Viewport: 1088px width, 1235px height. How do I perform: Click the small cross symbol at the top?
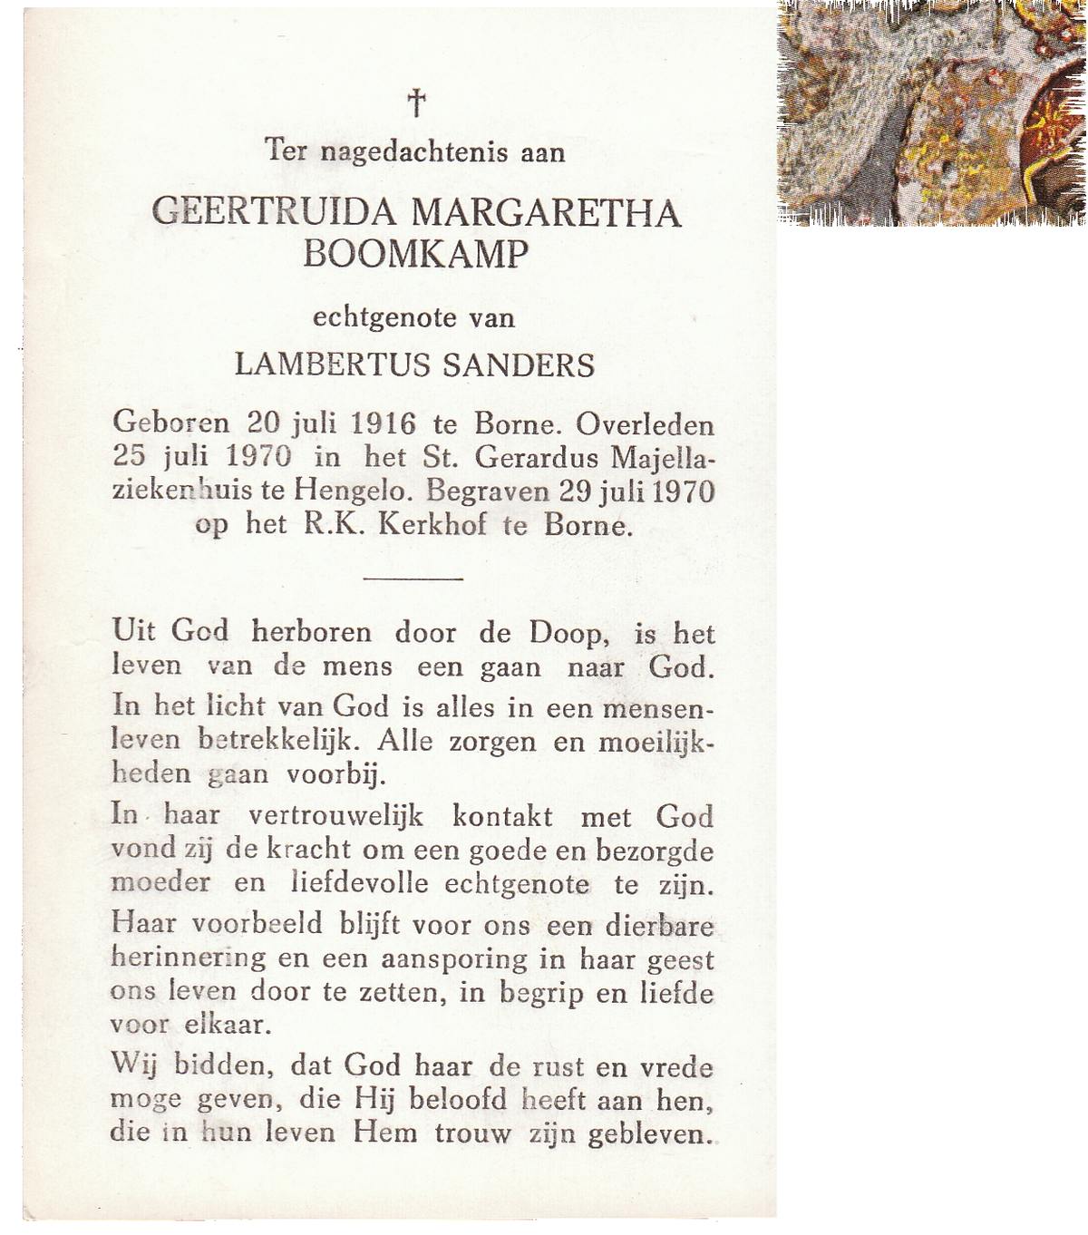pyautogui.click(x=416, y=102)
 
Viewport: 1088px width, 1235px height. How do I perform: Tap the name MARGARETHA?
pyautogui.click(x=546, y=212)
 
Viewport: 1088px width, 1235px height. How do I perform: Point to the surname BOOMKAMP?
pyautogui.click(x=414, y=255)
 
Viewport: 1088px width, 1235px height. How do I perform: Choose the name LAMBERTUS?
pyautogui.click(x=333, y=365)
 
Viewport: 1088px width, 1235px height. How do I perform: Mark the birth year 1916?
pyautogui.click(x=383, y=423)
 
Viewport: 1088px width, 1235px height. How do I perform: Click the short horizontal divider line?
pyautogui.click(x=413, y=578)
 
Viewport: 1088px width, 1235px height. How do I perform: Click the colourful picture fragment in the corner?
pyautogui.click(x=932, y=112)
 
